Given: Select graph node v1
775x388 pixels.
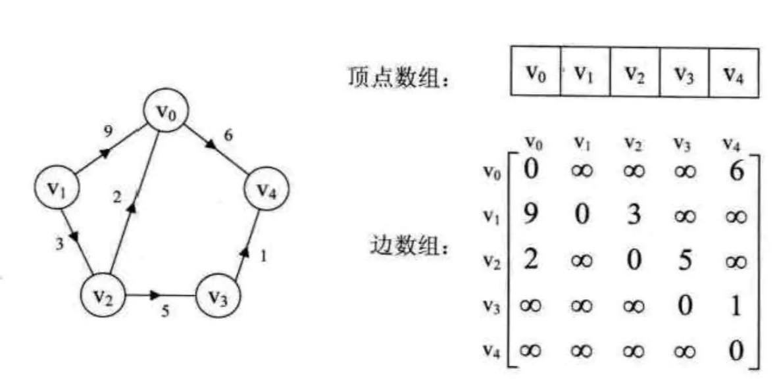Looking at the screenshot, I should tap(57, 188).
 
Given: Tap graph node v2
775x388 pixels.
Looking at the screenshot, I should tap(102, 295).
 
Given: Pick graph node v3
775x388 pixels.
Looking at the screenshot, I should tap(218, 297).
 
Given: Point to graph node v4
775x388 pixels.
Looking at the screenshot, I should tap(266, 190).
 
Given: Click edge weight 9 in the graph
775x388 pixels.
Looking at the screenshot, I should tap(107, 131).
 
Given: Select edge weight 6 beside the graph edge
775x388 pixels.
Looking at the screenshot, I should tap(228, 135).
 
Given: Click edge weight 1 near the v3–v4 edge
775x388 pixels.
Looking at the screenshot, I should tap(263, 256).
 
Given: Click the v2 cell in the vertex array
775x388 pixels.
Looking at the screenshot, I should tap(635, 72).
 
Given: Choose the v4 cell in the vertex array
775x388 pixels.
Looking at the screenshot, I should tap(734, 72).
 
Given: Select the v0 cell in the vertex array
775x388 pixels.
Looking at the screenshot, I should tap(536, 72).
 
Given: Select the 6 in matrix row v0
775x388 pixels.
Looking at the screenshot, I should tap(736, 172).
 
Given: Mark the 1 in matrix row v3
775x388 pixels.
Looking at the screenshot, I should tap(736, 306).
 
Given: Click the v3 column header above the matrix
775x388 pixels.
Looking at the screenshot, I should tap(681, 143).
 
